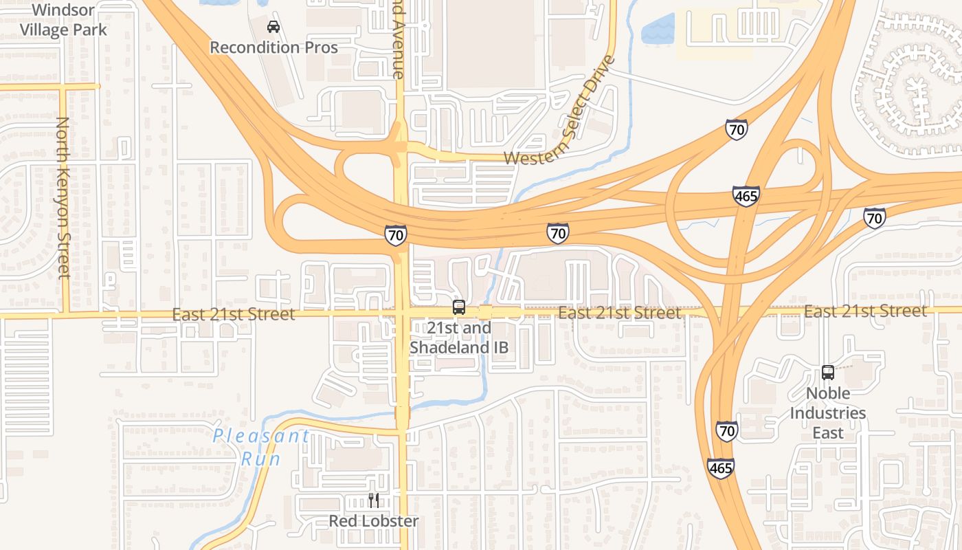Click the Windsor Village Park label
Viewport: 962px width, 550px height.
[x=63, y=20]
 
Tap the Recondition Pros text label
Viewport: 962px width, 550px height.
[x=273, y=47]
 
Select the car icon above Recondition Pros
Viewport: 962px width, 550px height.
[x=273, y=27]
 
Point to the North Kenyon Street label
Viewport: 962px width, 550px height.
[x=63, y=197]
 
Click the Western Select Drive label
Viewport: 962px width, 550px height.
[x=560, y=111]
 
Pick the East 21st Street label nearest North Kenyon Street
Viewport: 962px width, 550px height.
[x=234, y=314]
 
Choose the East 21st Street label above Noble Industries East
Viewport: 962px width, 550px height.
[x=865, y=311]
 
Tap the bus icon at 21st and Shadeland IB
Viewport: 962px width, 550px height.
[x=458, y=307]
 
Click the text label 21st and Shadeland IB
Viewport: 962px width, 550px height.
[x=459, y=338]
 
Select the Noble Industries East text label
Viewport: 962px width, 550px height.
[x=827, y=412]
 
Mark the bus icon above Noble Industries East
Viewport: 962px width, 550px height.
[x=827, y=373]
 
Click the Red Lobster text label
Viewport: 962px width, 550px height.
[x=373, y=521]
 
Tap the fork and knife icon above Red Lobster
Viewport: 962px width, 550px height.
[x=373, y=500]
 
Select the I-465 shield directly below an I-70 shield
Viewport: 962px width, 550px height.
[x=720, y=468]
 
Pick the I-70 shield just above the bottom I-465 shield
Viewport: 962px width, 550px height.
[x=726, y=431]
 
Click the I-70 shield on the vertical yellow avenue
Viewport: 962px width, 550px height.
[x=395, y=234]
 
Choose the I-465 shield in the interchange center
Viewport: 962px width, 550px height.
[x=746, y=196]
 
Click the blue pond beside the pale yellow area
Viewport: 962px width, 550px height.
[x=658, y=30]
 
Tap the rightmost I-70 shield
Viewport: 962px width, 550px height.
[x=874, y=218]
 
